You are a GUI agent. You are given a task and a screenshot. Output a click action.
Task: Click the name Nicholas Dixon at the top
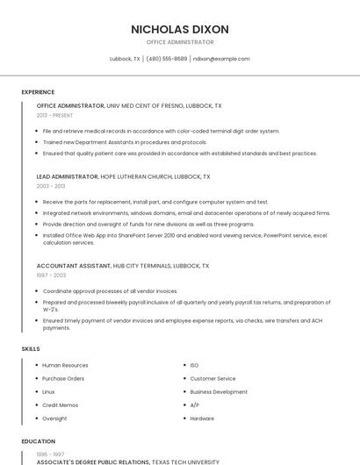pyautogui.click(x=180, y=29)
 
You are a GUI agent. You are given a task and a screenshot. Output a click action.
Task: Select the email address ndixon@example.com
pyautogui.click(x=221, y=59)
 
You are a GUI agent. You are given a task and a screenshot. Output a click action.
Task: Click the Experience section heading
pyautogui.click(x=38, y=92)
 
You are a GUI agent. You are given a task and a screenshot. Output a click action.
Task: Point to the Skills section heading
pyautogui.click(x=31, y=349)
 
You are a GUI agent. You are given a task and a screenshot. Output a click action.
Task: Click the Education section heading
pyautogui.click(x=39, y=441)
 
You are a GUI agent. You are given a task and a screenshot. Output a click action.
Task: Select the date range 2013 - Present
pyautogui.click(x=54, y=115)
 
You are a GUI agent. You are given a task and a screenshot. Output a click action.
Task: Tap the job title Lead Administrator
pyautogui.click(x=68, y=176)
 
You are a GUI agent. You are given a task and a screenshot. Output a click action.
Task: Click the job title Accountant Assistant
pyautogui.click(x=73, y=265)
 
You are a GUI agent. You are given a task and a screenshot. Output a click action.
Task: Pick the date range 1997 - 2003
pyautogui.click(x=51, y=275)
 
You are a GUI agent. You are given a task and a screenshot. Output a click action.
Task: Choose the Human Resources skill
pyautogui.click(x=65, y=365)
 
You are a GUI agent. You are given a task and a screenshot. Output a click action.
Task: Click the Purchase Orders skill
pyautogui.click(x=63, y=378)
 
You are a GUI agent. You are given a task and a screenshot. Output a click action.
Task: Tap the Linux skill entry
pyautogui.click(x=48, y=391)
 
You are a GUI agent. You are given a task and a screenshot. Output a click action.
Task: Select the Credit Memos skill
pyautogui.click(x=60, y=405)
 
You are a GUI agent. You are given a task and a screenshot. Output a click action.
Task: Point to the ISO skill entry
pyautogui.click(x=194, y=365)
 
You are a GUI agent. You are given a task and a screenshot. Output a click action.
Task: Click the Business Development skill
pyautogui.click(x=219, y=391)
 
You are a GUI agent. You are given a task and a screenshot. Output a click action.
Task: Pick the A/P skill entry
pyautogui.click(x=194, y=405)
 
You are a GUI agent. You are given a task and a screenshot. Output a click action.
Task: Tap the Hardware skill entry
pyautogui.click(x=202, y=418)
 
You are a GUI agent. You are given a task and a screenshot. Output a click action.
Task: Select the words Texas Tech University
pyautogui.click(x=185, y=461)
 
